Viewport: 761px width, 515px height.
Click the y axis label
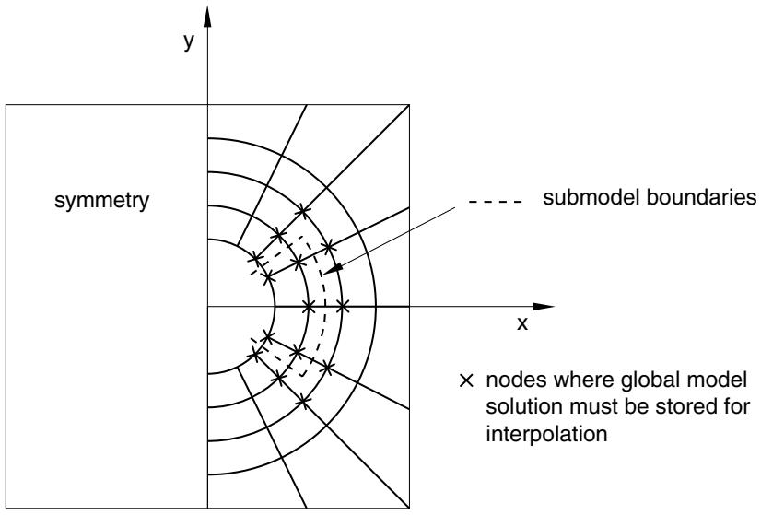tap(189, 41)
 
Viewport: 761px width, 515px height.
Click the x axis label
tap(522, 323)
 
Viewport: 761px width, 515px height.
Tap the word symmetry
tap(102, 200)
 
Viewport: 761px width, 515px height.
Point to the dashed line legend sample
tap(496, 201)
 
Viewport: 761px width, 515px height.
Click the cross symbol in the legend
tap(466, 380)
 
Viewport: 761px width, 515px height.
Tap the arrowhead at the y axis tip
tap(207, 17)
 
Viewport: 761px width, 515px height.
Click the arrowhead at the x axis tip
tap(544, 306)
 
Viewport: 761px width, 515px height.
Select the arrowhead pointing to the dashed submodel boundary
tap(333, 270)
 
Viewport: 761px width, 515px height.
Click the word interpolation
tap(546, 433)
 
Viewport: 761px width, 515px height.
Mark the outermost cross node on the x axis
tap(343, 306)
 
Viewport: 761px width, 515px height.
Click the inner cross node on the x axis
tap(309, 306)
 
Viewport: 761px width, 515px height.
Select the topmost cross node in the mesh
tap(303, 211)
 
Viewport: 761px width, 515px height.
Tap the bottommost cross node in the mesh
tap(303, 401)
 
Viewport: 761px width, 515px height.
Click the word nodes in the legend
tap(516, 380)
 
